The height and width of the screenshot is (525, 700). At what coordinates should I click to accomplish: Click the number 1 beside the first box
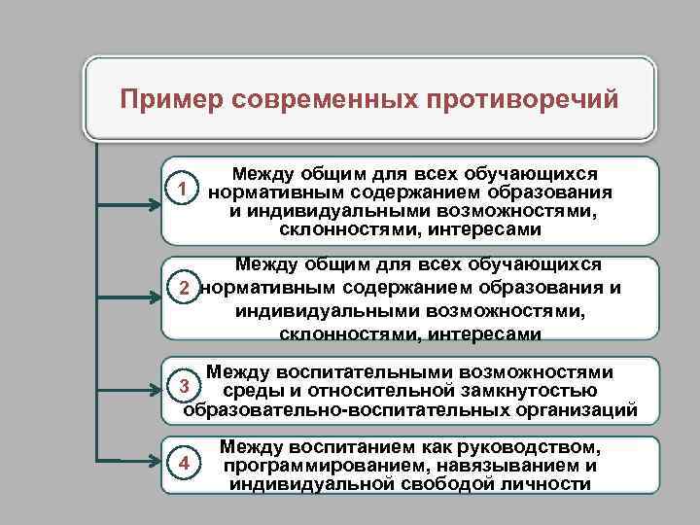coord(177,186)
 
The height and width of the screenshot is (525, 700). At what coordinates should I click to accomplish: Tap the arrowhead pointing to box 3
coord(155,392)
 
